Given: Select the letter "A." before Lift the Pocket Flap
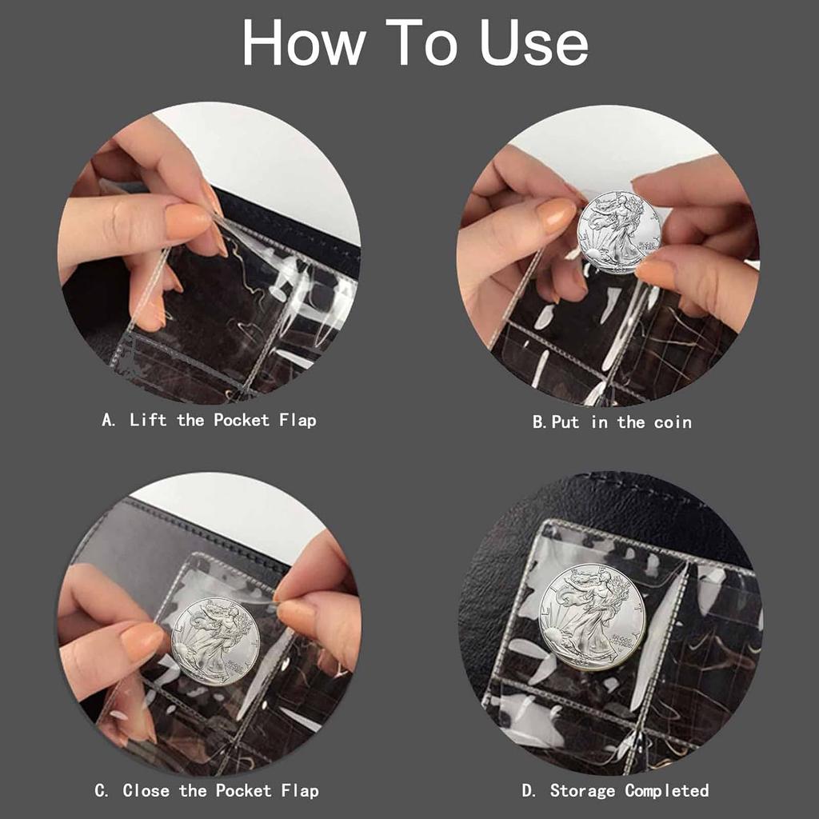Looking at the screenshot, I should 109,420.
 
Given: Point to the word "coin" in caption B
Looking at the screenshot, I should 673,422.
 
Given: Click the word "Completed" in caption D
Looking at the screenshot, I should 667,791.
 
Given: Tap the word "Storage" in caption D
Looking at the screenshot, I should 583,791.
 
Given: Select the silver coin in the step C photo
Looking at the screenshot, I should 215,641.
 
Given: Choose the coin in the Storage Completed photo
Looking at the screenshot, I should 592,616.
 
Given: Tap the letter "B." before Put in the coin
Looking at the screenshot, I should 539,422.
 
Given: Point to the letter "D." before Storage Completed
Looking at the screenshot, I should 529,791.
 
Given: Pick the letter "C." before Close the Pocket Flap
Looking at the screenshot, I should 102,791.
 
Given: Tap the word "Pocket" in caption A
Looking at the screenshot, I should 240,420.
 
